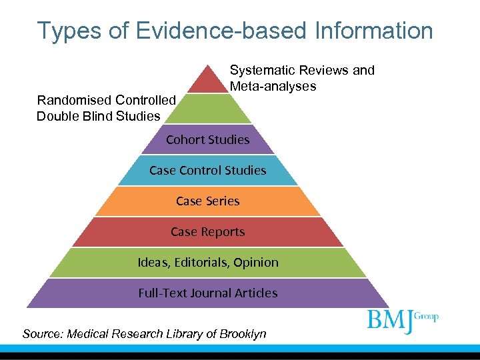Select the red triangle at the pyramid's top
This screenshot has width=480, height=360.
(x=207, y=80)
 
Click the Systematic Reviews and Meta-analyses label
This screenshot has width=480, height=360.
(x=302, y=78)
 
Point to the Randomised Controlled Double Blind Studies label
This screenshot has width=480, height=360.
(x=106, y=108)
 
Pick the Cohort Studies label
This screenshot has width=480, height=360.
(x=207, y=139)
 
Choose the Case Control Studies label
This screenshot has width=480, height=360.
(x=207, y=170)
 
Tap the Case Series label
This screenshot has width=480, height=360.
(x=207, y=201)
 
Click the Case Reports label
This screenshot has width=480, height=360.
(x=207, y=231)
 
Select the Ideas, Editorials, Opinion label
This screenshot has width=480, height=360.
(x=207, y=262)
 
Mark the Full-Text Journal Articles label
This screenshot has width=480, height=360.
(x=207, y=293)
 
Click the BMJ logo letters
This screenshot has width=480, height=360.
(x=391, y=320)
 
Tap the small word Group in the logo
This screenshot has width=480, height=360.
(x=427, y=316)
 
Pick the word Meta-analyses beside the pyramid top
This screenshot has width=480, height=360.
(x=273, y=86)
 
